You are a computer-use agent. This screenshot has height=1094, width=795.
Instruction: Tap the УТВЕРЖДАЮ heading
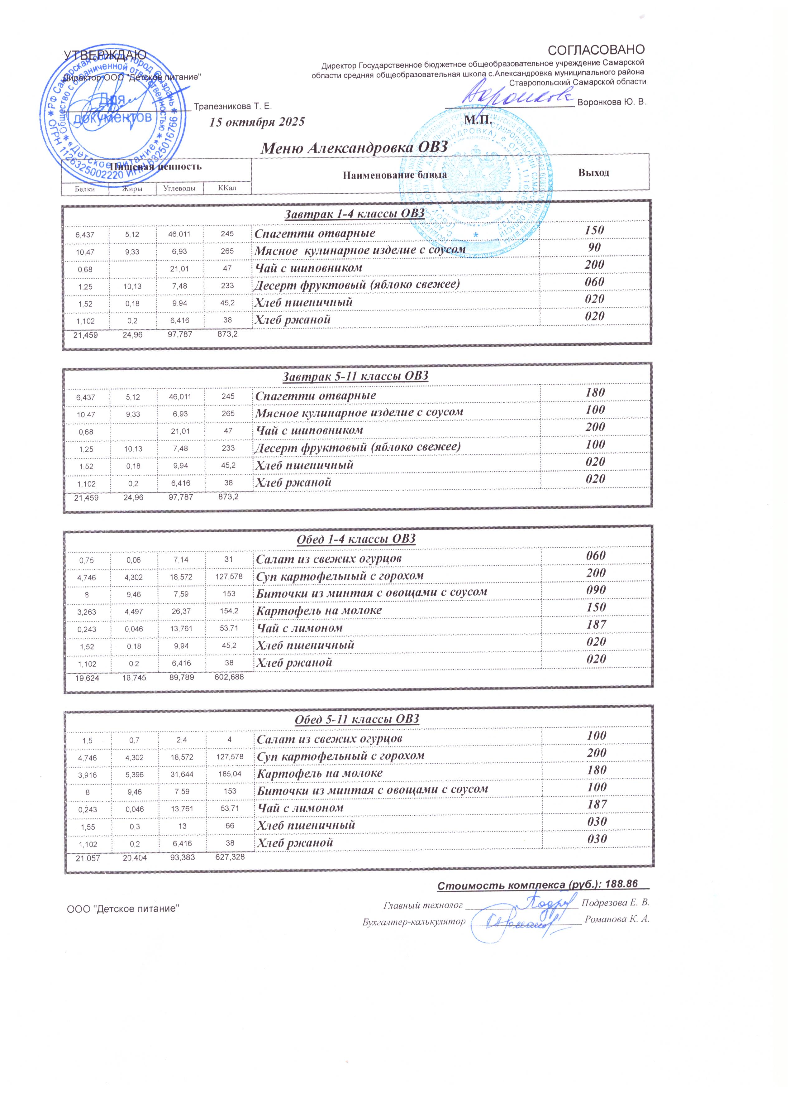[x=106, y=55]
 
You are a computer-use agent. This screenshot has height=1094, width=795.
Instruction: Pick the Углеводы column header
[x=179, y=188]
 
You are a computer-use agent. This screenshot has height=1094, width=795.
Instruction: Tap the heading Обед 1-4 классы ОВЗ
[x=355, y=539]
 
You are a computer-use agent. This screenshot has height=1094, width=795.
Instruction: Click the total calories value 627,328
[x=230, y=857]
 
